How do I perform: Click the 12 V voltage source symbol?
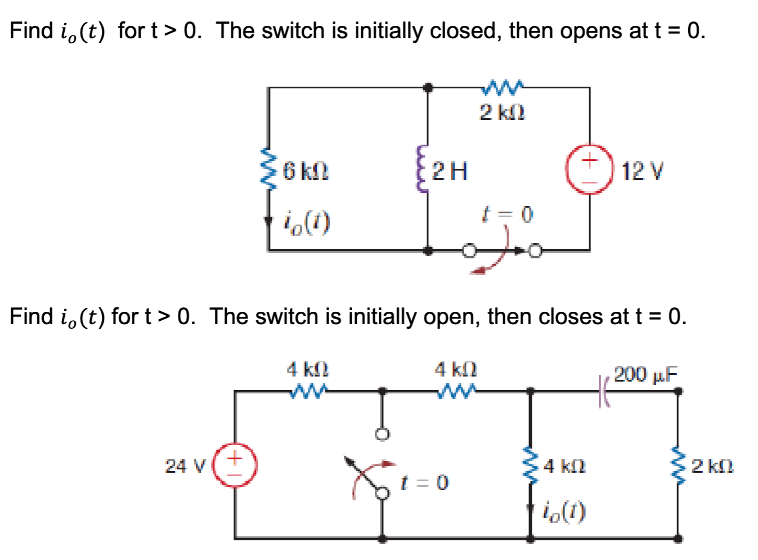tap(589, 169)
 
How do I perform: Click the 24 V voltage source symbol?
tap(235, 465)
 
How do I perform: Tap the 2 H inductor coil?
tap(420, 169)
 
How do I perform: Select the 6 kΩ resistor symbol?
tap(268, 169)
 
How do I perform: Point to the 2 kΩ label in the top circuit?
tap(502, 113)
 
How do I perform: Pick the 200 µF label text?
tap(645, 374)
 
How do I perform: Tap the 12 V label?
tap(642, 171)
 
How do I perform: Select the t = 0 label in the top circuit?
tap(507, 214)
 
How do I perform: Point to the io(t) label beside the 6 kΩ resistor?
tap(307, 223)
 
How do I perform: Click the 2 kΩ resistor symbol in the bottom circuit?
tap(678, 465)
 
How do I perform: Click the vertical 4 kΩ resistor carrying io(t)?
tap(530, 465)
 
